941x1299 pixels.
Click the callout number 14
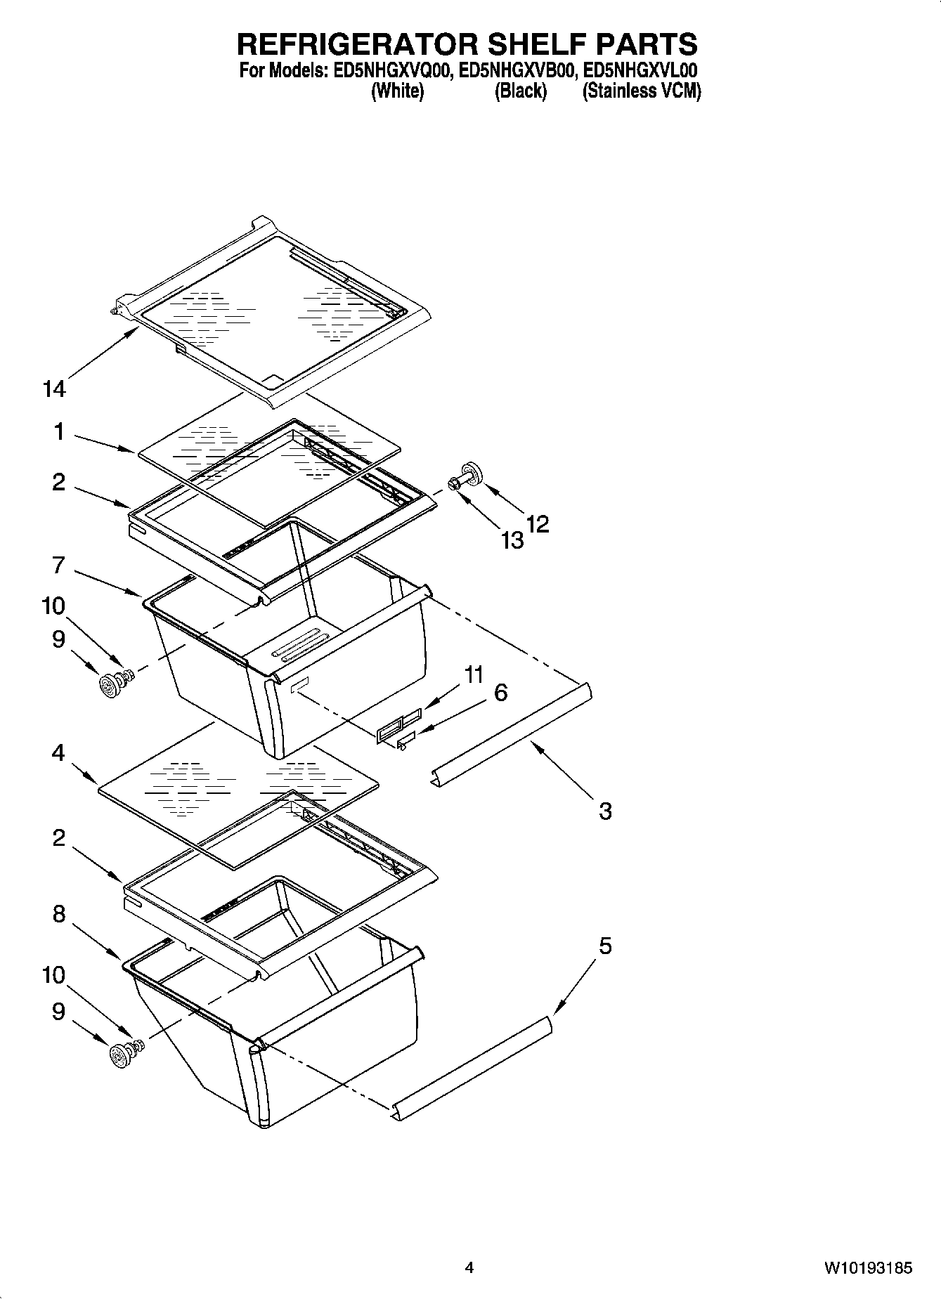[54, 389]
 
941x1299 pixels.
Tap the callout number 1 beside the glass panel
[59, 432]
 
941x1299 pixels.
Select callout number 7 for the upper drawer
[59, 565]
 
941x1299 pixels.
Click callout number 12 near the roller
[538, 524]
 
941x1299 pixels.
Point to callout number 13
[512, 540]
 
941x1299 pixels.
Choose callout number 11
[474, 674]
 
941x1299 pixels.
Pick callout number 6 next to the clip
[500, 693]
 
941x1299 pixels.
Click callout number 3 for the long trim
[605, 811]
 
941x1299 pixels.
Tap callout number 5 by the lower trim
[605, 946]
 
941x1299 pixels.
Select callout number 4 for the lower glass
[58, 753]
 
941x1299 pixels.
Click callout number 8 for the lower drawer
[59, 913]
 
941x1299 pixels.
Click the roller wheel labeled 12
[470, 474]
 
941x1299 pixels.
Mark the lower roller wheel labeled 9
[122, 1055]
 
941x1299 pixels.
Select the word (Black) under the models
[520, 91]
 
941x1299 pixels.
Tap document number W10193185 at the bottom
[868, 1268]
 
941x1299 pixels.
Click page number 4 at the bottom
[469, 1268]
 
